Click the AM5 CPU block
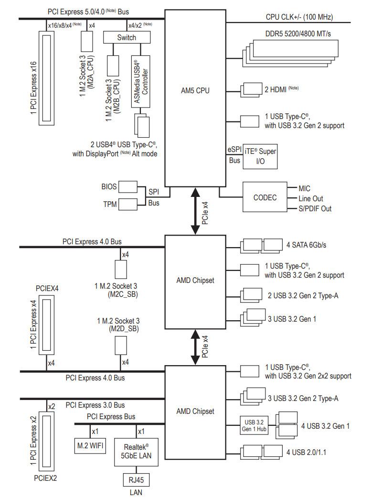point(195,98)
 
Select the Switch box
point(127,37)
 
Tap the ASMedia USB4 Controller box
point(140,82)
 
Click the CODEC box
point(265,197)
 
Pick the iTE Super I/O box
point(260,156)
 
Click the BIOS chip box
point(128,187)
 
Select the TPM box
point(128,204)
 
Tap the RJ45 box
point(136,479)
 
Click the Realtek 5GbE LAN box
point(136,452)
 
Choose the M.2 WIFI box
point(90,446)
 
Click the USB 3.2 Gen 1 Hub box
point(254,425)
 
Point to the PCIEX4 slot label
point(47,288)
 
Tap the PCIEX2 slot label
point(45,478)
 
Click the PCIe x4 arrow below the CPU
point(195,211)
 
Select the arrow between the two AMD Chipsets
point(195,347)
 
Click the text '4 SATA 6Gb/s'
point(306,245)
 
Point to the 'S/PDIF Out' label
point(315,209)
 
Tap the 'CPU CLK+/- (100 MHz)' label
point(299,17)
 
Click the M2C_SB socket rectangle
point(120,270)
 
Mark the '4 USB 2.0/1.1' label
point(306,452)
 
